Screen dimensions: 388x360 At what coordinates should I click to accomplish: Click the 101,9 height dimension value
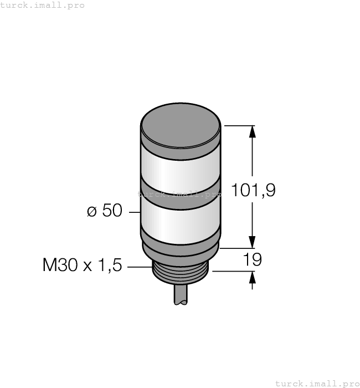point(253,190)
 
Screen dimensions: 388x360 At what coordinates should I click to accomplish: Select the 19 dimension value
point(253,259)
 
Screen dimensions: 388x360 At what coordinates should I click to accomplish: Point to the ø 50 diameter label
point(105,211)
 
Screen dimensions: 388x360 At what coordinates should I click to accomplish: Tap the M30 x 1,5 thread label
point(81,266)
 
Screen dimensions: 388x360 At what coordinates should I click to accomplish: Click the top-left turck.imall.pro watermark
point(43,5)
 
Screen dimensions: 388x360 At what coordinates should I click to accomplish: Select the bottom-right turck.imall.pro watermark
point(317,383)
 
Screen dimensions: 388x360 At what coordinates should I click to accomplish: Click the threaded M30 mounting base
point(181,275)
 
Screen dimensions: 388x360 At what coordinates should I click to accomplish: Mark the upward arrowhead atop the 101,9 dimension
point(253,131)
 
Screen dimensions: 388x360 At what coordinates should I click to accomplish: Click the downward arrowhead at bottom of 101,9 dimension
point(253,242)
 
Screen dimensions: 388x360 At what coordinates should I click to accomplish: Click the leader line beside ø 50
point(135,212)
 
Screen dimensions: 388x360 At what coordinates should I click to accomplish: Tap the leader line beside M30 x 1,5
point(139,267)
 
